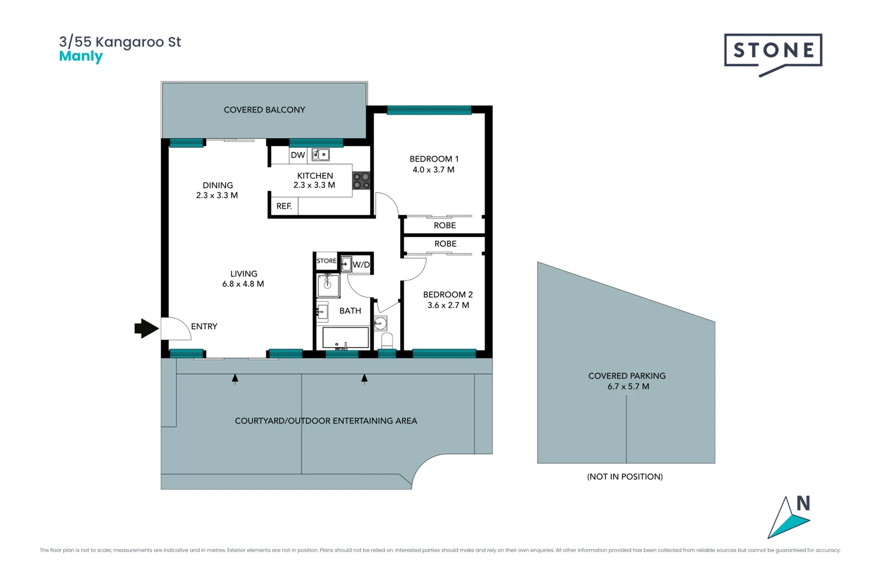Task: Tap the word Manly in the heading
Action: tap(80, 57)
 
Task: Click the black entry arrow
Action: tap(146, 328)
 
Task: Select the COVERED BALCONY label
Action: tap(264, 110)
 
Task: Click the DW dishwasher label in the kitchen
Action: tap(297, 155)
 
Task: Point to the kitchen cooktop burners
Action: tap(361, 181)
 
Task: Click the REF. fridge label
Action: tap(284, 206)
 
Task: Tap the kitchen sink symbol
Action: tap(320, 155)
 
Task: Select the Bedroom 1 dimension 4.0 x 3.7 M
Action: tap(433, 170)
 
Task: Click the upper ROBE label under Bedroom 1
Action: tap(444, 226)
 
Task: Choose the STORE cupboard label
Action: tap(326, 261)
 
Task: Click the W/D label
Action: tap(361, 265)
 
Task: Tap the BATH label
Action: tap(350, 311)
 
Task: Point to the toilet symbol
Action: tap(387, 341)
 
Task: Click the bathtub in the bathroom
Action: tap(345, 338)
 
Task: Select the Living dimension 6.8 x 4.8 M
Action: tap(243, 284)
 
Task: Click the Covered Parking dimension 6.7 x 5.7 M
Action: tap(628, 386)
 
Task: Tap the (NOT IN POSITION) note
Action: tap(625, 477)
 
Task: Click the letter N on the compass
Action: tap(803, 504)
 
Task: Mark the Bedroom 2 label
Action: tap(448, 295)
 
